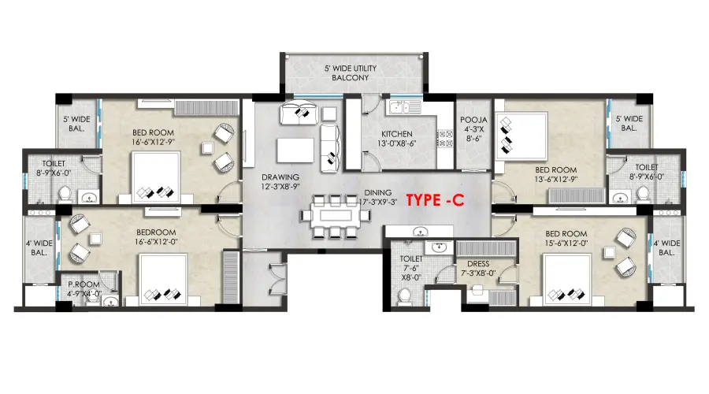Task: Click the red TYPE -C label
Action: (435, 200)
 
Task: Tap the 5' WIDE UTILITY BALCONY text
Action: (351, 72)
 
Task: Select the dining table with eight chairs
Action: (335, 216)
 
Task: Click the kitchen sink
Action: (405, 108)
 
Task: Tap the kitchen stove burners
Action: (445, 139)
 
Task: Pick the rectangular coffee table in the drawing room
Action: (295, 151)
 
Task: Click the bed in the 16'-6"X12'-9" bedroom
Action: (156, 177)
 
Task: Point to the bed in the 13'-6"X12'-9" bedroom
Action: (522, 136)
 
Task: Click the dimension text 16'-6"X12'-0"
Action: (156, 242)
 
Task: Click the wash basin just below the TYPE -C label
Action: (421, 232)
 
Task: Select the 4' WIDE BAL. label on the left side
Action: (39, 248)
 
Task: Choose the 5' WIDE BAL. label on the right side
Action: (629, 124)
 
